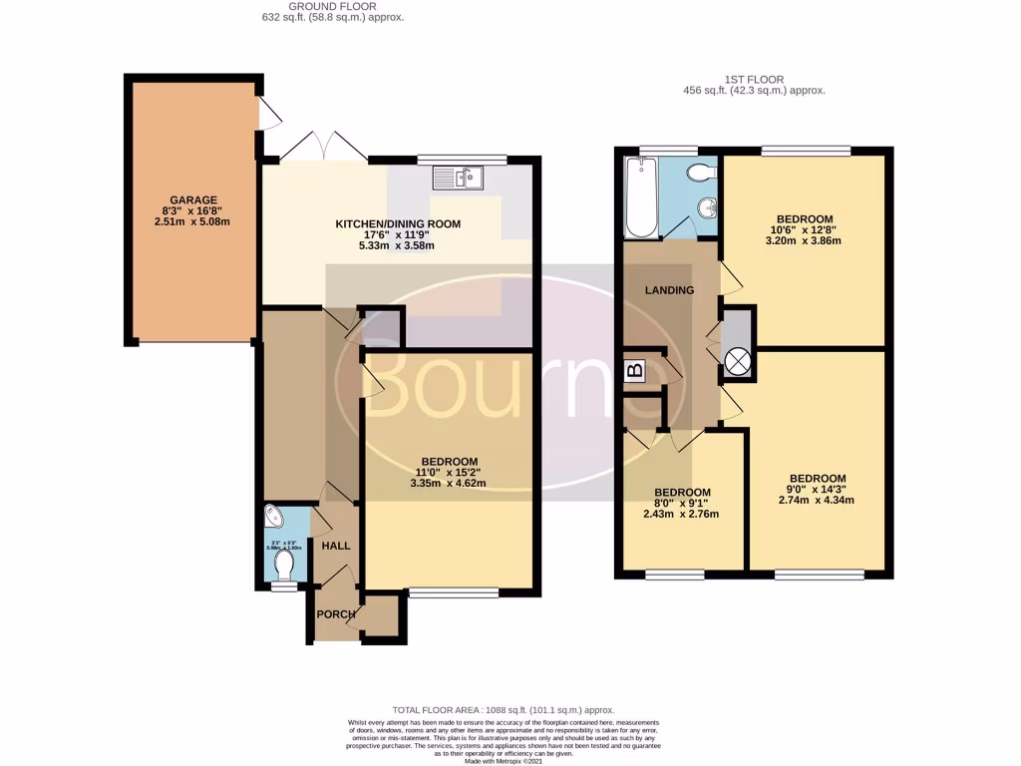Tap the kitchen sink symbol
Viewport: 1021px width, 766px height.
tap(458, 178)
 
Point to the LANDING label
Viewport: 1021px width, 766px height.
tap(669, 290)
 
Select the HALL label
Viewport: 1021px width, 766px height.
tap(335, 546)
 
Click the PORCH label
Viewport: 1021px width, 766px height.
tap(336, 614)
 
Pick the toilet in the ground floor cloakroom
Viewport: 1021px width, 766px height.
tap(284, 567)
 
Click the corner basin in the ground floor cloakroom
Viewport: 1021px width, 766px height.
tap(273, 518)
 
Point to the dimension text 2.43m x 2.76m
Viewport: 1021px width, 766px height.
tap(681, 515)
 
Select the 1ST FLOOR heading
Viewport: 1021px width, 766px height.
tap(754, 78)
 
